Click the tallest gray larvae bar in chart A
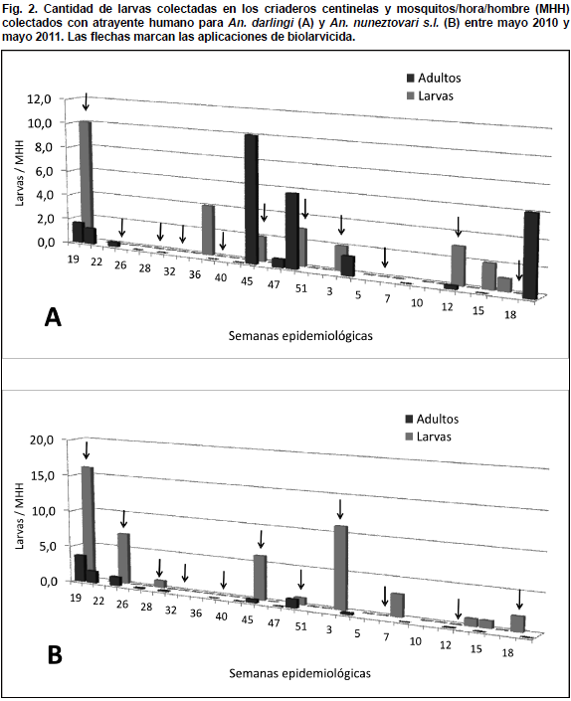[x=86, y=181]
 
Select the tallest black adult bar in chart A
[x=252, y=199]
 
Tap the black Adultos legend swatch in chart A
[x=411, y=79]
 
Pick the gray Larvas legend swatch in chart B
[x=409, y=437]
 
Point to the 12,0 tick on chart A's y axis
[x=40, y=99]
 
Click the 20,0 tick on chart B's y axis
[x=41, y=440]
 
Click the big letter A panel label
[x=53, y=318]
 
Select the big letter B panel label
[x=55, y=655]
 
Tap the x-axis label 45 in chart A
[x=247, y=280]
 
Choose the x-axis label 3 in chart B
[x=329, y=629]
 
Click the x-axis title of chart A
[x=300, y=336]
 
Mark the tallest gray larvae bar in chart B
[x=88, y=524]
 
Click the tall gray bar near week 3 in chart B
[x=341, y=568]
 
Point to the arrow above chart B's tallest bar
[x=87, y=450]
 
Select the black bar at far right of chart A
[x=531, y=256]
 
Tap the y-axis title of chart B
[x=19, y=515]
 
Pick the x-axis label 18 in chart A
[x=510, y=315]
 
